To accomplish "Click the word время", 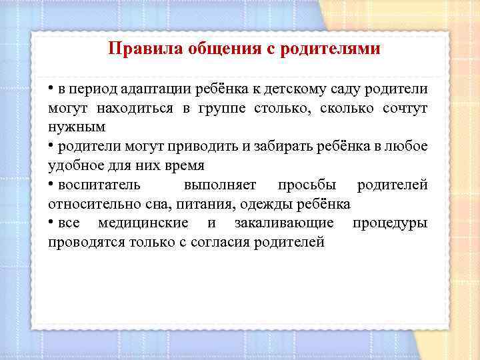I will pyautogui.click(x=180, y=165).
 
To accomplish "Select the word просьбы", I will pyautogui.click(x=307, y=184).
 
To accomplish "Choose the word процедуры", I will pyautogui.click(x=390, y=223).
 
